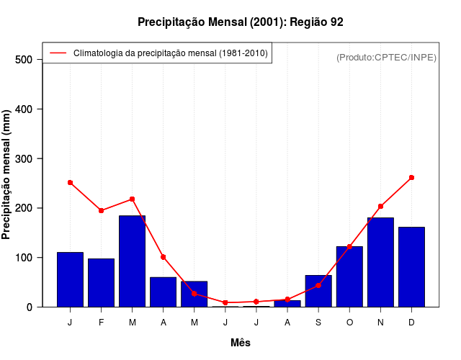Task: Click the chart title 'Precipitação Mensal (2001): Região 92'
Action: (x=240, y=22)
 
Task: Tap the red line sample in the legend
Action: (x=58, y=53)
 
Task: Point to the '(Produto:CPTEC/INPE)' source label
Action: (x=386, y=58)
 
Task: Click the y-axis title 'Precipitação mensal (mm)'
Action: (x=6, y=175)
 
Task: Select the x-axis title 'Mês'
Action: (x=240, y=343)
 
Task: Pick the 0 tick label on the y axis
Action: (x=30, y=307)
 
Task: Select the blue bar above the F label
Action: (x=101, y=282)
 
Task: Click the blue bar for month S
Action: (x=318, y=291)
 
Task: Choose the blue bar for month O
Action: (x=349, y=276)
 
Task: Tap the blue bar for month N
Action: (x=380, y=262)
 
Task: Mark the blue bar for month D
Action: (x=411, y=267)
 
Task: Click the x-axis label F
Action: (x=101, y=323)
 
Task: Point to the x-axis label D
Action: (x=411, y=323)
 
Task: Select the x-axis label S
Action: (x=318, y=323)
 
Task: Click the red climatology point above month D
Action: (x=411, y=177)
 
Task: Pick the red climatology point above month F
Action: (x=101, y=210)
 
